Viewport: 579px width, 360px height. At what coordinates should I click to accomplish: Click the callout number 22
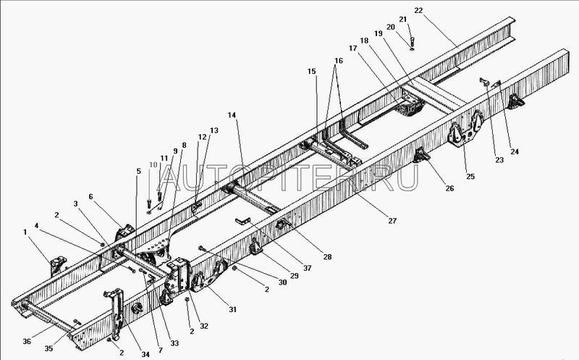418,10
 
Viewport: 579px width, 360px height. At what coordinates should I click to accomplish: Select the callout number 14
232,115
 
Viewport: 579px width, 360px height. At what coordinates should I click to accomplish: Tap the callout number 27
392,221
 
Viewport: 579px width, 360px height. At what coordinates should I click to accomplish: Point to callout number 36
27,341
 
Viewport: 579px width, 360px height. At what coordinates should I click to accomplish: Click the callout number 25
470,176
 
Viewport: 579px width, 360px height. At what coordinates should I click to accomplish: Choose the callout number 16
339,61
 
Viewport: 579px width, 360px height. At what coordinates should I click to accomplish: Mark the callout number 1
25,232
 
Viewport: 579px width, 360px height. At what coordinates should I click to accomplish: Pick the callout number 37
307,268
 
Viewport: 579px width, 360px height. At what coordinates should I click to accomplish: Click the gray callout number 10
153,164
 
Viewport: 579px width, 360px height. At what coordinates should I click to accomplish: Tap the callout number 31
232,310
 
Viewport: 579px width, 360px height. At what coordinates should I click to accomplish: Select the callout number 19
378,33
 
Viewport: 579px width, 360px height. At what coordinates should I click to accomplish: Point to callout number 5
138,171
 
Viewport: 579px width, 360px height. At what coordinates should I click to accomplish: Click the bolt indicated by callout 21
412,41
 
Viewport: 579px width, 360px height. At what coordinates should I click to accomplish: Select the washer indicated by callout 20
412,48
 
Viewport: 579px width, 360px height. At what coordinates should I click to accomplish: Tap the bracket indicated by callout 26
421,155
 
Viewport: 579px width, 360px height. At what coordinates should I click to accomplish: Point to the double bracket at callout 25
466,129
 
